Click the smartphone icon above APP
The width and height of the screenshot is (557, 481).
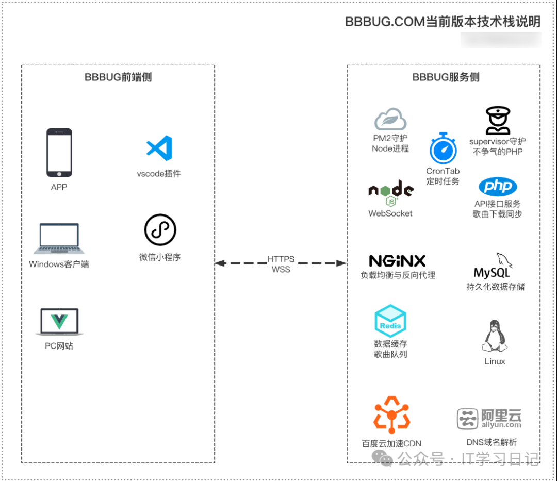pos(59,153)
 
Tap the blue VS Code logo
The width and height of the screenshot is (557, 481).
pos(159,148)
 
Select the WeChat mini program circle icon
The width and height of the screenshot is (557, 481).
pos(160,230)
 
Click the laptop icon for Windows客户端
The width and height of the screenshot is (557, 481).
pos(59,239)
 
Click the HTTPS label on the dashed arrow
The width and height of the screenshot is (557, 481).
pos(281,259)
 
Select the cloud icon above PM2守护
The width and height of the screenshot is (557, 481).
pos(390,120)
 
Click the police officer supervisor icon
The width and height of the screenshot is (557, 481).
pos(498,121)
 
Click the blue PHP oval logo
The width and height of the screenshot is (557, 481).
pos(497,186)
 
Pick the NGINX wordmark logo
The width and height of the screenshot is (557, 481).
pos(397,260)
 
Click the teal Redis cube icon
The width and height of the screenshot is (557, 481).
pos(390,321)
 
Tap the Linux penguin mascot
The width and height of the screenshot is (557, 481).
pos(495,336)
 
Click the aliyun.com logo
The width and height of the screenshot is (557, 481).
pos(489,419)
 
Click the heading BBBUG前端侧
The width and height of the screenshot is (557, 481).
pos(118,77)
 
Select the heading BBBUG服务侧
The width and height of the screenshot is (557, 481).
pos(446,77)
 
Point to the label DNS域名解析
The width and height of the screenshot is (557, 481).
pos(492,442)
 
